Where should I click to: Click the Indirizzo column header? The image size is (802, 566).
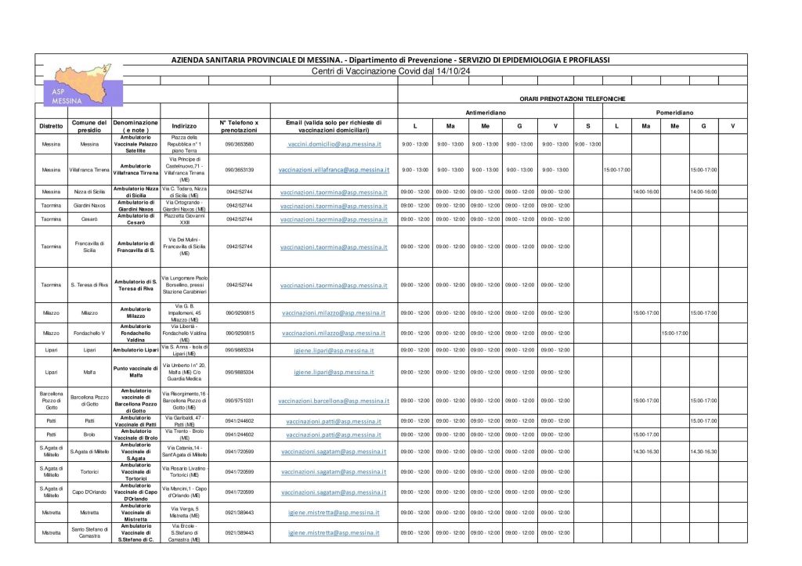click(184, 125)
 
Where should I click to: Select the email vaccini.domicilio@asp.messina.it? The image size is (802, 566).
click(334, 145)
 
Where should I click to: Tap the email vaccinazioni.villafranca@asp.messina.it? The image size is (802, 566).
click(334, 170)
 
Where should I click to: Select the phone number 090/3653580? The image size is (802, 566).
click(240, 145)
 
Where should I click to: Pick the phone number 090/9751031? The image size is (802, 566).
click(240, 401)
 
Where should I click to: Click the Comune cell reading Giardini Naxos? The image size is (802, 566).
click(89, 206)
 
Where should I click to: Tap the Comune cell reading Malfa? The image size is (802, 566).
click(89, 373)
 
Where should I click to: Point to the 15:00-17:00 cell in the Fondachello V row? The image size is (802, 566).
click(674, 333)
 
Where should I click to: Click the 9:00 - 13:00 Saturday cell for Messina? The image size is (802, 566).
click(587, 145)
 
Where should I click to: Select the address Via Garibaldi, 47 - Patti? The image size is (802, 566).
click(184, 421)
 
